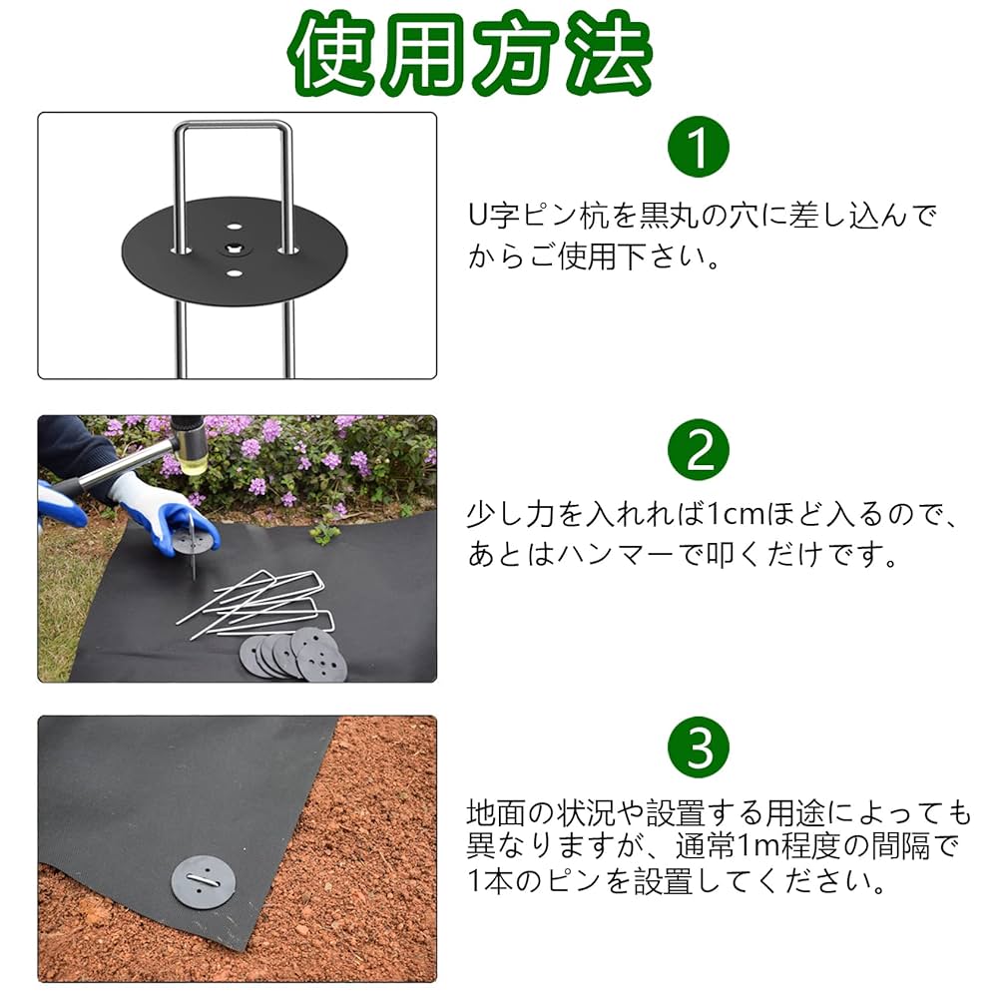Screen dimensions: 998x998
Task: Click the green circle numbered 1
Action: coord(699,148)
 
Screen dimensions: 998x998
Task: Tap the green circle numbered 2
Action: coord(699,450)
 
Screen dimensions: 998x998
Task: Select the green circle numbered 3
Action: coord(699,748)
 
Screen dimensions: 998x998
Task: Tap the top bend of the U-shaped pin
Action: coord(234,126)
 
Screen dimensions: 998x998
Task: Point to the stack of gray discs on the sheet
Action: coord(293,655)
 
